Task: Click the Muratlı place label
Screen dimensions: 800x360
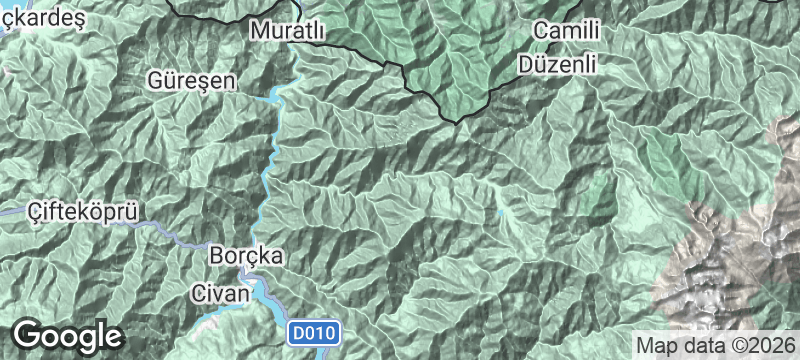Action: (x=287, y=31)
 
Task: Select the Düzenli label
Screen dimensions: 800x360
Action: (x=558, y=63)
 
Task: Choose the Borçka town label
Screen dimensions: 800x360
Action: (x=247, y=256)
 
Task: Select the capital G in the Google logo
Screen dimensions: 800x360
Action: (x=29, y=334)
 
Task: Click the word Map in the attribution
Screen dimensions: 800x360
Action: (x=656, y=345)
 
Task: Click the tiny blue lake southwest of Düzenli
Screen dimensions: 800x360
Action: (x=500, y=212)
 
